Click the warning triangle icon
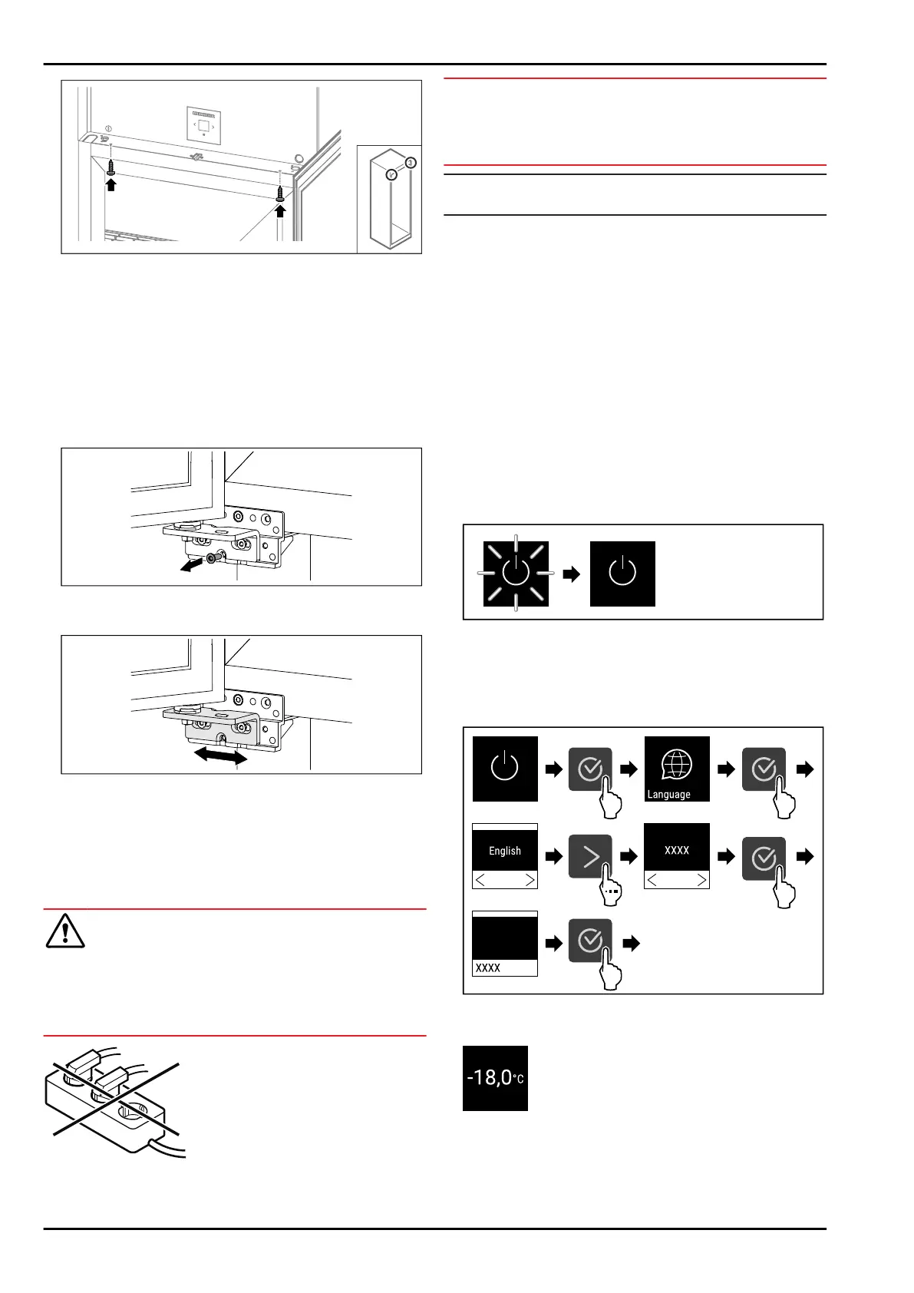[x=65, y=931]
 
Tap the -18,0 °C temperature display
[x=495, y=1078]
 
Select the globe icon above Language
[x=676, y=764]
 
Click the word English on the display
[x=505, y=851]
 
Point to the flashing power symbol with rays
[x=516, y=574]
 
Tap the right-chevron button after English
[x=590, y=856]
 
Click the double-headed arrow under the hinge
[x=220, y=756]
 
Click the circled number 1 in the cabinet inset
[x=411, y=163]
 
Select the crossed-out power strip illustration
[x=115, y=1098]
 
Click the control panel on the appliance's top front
[x=203, y=125]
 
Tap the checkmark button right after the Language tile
[x=764, y=769]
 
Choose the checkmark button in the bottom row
[x=590, y=941]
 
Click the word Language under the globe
[x=668, y=795]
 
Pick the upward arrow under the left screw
[x=111, y=184]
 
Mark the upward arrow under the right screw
[x=280, y=209]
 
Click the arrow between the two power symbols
[x=571, y=574]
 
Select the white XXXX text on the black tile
[x=677, y=850]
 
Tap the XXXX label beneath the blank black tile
[x=488, y=967]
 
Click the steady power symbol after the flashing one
[x=622, y=574]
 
